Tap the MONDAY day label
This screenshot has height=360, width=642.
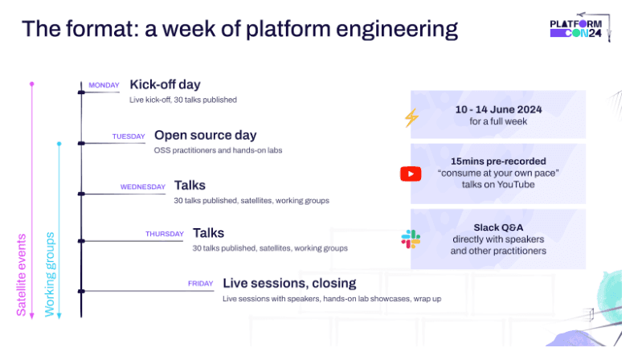[x=104, y=85]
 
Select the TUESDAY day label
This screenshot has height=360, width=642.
[x=129, y=137]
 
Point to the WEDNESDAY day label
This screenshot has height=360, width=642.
[x=143, y=187]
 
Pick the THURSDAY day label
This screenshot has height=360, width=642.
[x=165, y=235]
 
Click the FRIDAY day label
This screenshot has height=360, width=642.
[x=200, y=284]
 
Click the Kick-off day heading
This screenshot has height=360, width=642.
[x=165, y=84]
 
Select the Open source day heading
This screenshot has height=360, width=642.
[x=205, y=135]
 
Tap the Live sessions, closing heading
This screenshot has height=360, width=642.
[x=289, y=283]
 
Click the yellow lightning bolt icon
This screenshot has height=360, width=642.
[x=411, y=117]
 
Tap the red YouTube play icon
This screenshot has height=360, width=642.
[x=411, y=174]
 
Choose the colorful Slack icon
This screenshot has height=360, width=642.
[x=411, y=239]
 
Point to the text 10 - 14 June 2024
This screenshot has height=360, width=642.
[x=497, y=108]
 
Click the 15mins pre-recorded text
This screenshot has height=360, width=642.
[x=497, y=160]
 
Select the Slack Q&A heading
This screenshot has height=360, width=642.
[x=498, y=227]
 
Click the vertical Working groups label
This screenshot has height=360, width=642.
[x=50, y=273]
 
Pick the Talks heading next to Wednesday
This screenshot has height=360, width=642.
[x=190, y=186]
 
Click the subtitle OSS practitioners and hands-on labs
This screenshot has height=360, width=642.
[x=218, y=150]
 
